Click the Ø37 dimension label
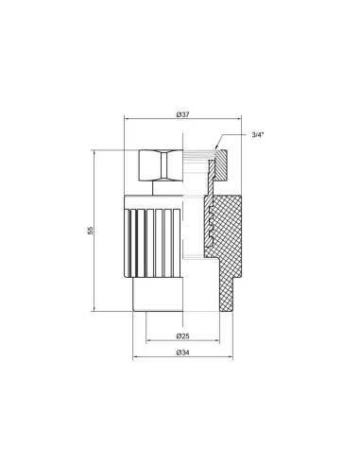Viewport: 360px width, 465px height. click(x=183, y=114)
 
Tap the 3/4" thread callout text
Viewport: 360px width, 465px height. click(x=258, y=135)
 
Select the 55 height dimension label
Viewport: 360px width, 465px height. click(x=91, y=231)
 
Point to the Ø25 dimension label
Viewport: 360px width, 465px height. click(x=183, y=336)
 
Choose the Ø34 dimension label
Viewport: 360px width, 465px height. click(x=183, y=353)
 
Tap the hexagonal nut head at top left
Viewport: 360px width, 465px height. click(x=161, y=165)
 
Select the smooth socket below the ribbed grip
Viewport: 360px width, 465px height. click(x=158, y=294)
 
